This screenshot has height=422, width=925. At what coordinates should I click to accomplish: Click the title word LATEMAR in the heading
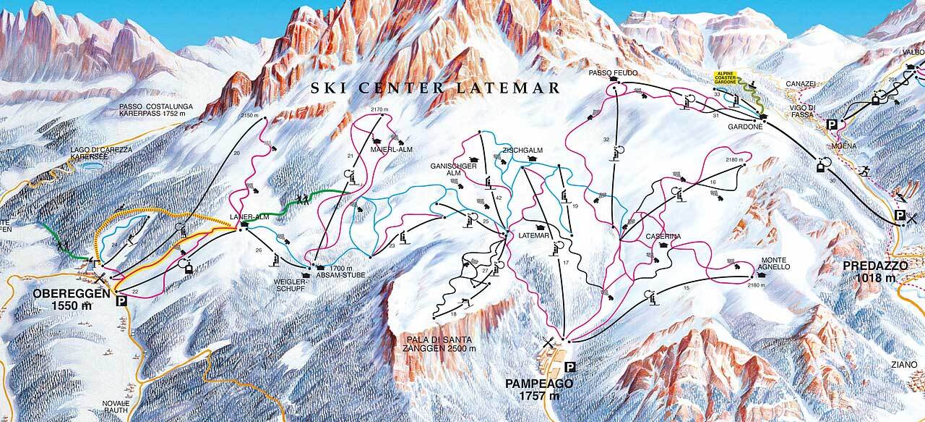(x=515, y=88)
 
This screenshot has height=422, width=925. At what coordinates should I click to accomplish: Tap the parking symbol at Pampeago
(x=569, y=366)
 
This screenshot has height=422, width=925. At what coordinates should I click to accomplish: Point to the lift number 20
(x=236, y=153)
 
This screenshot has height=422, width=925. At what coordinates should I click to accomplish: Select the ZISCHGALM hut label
(x=522, y=151)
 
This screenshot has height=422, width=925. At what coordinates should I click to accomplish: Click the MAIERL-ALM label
(x=390, y=150)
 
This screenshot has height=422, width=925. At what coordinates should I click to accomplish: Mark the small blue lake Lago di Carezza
(x=91, y=165)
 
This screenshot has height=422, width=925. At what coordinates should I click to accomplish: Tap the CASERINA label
(x=663, y=236)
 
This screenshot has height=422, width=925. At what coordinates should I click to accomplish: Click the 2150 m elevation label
(x=249, y=115)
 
